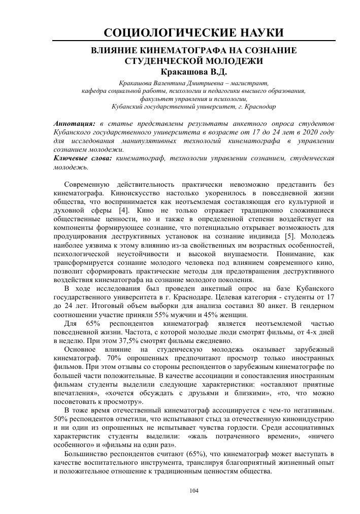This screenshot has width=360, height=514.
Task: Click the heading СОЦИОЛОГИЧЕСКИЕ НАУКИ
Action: tap(193, 33)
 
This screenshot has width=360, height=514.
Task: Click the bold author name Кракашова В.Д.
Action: tap(193, 72)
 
